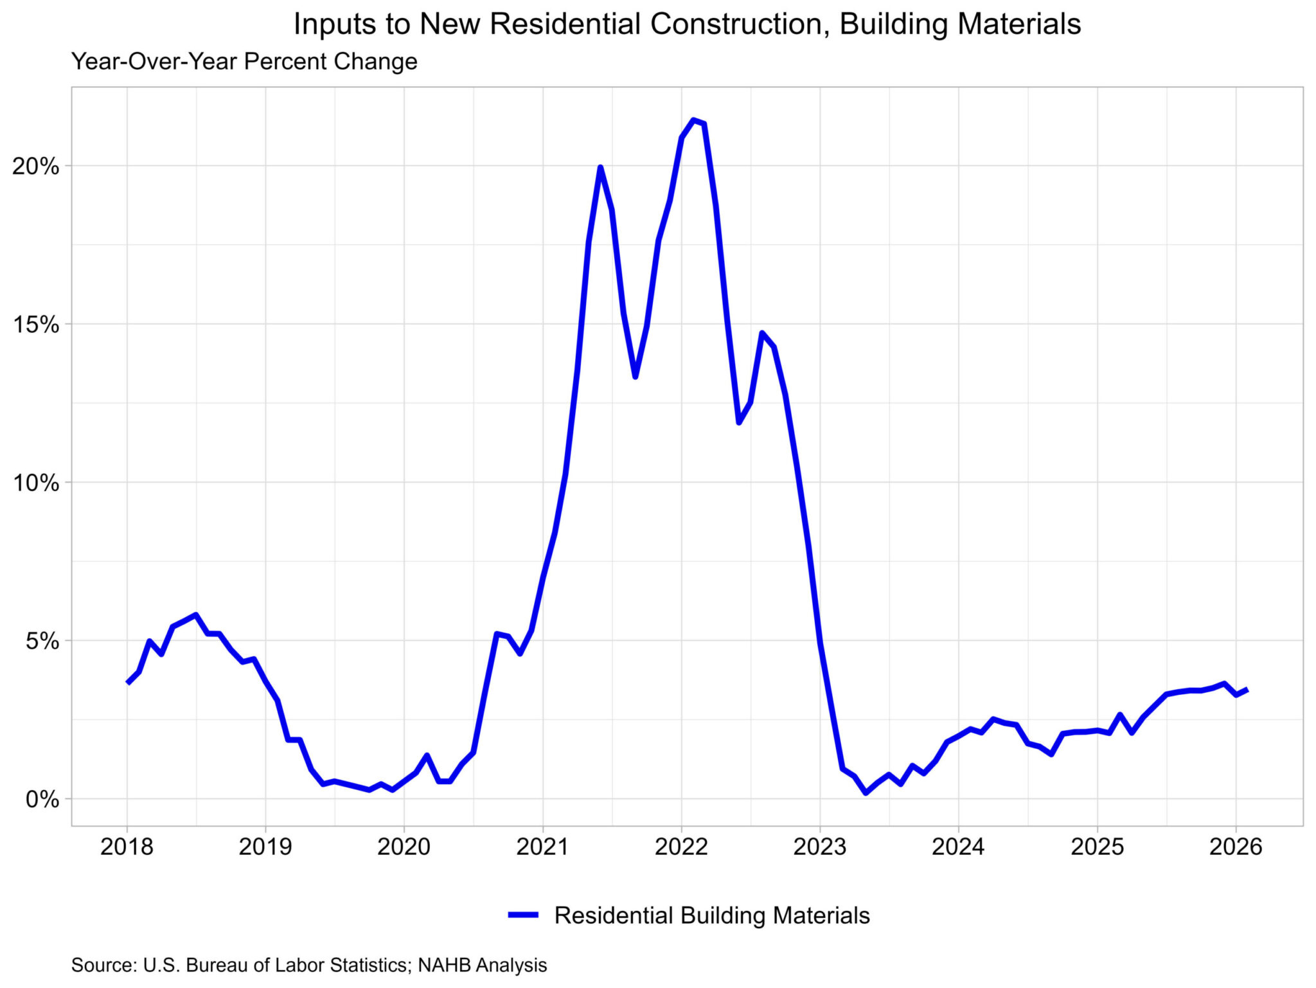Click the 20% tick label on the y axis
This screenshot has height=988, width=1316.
[36, 166]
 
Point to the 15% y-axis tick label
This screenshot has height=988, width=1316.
[36, 325]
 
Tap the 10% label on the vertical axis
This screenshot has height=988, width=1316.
[36, 483]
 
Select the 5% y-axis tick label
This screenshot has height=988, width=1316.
[42, 641]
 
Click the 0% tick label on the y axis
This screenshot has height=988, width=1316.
[42, 800]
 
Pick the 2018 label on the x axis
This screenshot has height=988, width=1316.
[127, 847]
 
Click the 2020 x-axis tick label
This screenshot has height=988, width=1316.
[404, 847]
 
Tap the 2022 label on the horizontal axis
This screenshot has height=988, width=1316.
[681, 847]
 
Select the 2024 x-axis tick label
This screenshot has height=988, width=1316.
[958, 847]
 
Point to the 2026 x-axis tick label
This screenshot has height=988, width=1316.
[1235, 847]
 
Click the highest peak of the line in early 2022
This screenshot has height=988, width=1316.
[693, 120]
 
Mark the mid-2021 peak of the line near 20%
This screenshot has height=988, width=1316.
[600, 168]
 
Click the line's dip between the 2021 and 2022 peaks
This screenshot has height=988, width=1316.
[635, 377]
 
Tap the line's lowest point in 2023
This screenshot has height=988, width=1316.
[866, 793]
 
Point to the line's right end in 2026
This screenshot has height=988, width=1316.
[1247, 690]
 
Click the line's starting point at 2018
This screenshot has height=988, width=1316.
[128, 683]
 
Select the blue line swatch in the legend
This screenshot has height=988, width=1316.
[523, 915]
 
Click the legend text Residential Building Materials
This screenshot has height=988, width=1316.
[711, 915]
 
